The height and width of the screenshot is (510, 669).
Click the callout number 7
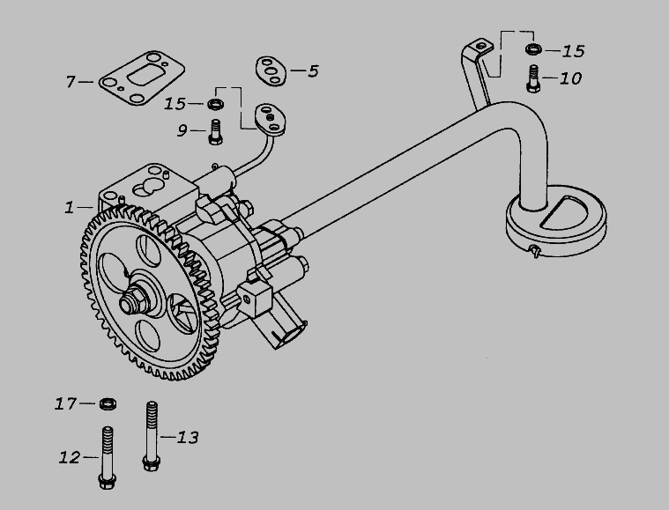point(71,81)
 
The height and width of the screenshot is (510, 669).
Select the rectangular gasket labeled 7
point(142,78)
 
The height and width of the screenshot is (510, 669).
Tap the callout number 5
point(313,71)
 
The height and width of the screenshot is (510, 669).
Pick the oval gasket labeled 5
point(271,70)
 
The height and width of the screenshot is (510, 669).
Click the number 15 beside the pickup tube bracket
point(573,51)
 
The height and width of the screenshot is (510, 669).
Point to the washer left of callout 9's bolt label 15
point(216,104)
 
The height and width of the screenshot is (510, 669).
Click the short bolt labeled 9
point(215,132)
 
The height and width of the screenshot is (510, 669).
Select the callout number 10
point(570,78)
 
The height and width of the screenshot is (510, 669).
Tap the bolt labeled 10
point(533,78)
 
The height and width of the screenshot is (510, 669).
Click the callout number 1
point(69,208)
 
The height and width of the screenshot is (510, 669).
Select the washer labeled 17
point(108,403)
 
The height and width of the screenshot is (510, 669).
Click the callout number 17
point(65,403)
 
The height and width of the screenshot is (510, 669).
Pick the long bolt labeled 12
point(107,458)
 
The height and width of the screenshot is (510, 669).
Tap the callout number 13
point(188,438)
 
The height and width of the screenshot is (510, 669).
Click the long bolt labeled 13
point(152,436)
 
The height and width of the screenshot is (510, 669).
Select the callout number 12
point(70,457)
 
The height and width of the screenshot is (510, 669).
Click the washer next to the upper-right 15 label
point(534,48)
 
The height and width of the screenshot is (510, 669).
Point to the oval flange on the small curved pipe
point(270,120)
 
